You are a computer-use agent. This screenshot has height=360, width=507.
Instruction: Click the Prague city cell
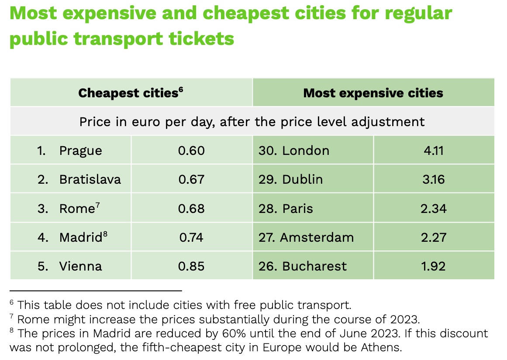(x=80, y=151)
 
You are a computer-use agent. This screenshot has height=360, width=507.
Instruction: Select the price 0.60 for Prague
(x=191, y=151)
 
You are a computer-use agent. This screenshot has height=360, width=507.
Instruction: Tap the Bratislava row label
(x=90, y=179)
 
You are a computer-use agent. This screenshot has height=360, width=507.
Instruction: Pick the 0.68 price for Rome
(x=191, y=208)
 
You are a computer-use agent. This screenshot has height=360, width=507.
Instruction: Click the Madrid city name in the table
(x=81, y=237)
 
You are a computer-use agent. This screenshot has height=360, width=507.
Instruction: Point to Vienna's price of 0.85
(x=191, y=266)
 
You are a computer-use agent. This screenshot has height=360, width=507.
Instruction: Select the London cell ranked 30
(x=306, y=151)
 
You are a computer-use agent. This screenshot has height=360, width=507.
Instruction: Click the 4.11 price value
(x=433, y=151)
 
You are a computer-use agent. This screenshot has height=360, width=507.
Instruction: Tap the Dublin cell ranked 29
(x=302, y=179)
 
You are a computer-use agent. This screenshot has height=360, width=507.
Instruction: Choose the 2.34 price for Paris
(x=433, y=208)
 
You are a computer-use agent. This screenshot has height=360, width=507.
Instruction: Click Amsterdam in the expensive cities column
(x=317, y=237)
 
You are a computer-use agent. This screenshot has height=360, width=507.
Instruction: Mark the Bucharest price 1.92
(x=433, y=266)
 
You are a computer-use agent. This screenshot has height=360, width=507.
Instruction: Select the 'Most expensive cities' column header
(x=373, y=93)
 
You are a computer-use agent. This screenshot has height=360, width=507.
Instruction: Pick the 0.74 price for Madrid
(x=191, y=237)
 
